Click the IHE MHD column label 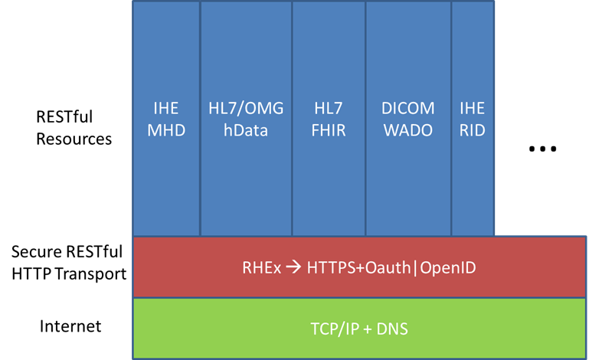[x=166, y=119]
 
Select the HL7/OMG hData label [x=246, y=119]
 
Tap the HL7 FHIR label [x=329, y=119]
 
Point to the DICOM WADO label [x=408, y=119]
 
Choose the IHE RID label [x=473, y=119]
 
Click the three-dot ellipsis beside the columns [x=542, y=149]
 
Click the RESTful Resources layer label [x=74, y=128]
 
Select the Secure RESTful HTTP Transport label [x=69, y=263]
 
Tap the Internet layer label [x=70, y=326]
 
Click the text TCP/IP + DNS [x=359, y=330]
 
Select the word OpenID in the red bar [x=447, y=269]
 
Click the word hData [x=246, y=130]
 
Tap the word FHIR [x=329, y=130]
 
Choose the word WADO [x=408, y=130]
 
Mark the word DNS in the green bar [x=391, y=330]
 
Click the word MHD [x=166, y=130]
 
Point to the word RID [x=473, y=130]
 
